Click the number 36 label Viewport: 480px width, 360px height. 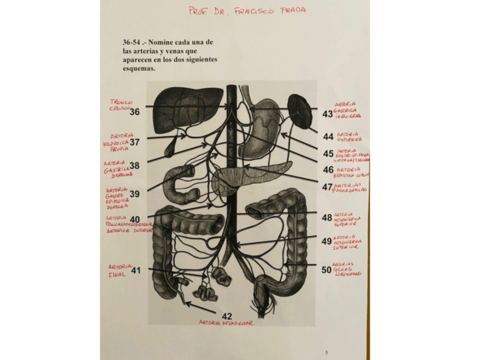pos(135,112)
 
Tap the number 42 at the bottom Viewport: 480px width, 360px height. pos(227,316)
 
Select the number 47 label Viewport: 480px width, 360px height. pos(327,187)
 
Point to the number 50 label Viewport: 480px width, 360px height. pos(327,269)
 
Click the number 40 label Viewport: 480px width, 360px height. pos(135,220)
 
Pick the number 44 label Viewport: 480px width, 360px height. pos(328,137)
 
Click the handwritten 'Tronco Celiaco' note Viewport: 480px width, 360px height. pos(121,105)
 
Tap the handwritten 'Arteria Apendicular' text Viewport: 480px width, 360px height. pos(226,323)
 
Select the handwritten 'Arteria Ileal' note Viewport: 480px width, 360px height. pos(119,271)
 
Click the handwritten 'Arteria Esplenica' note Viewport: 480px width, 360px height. pos(349,136)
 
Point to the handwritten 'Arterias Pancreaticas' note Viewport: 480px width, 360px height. pos(350,187)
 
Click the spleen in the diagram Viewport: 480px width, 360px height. pos(299,110)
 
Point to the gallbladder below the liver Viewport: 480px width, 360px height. pos(169,148)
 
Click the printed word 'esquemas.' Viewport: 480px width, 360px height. pos(139,68)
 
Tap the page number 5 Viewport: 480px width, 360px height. pos(326,353)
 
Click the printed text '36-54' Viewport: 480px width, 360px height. pos(131,42)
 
